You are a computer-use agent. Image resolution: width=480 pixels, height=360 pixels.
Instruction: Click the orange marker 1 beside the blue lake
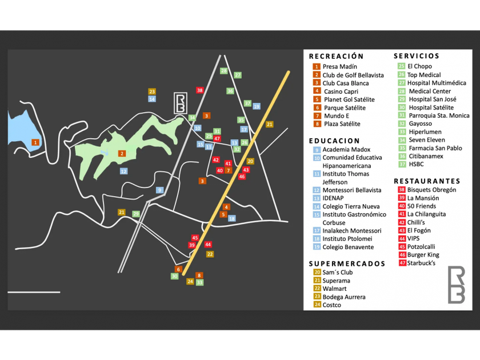click(x=35, y=142)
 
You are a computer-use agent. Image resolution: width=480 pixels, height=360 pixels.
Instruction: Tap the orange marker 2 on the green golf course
click(x=122, y=153)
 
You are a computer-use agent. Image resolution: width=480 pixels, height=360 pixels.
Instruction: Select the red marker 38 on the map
click(x=199, y=90)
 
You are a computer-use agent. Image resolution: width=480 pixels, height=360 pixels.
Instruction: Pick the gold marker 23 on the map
click(x=152, y=91)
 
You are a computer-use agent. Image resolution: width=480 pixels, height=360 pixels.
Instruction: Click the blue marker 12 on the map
click(x=123, y=171)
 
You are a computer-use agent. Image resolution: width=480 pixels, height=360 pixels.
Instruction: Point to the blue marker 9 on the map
click(x=160, y=190)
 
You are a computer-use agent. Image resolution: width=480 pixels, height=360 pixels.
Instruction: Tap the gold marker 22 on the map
click(x=210, y=254)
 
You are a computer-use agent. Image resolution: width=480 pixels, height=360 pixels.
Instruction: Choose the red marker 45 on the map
click(x=195, y=238)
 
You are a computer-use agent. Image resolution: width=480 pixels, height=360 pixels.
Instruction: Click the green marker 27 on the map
click(x=238, y=75)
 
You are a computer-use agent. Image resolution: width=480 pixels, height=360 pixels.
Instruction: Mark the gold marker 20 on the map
click(x=250, y=161)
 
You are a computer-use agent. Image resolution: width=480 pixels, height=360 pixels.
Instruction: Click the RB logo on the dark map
click(x=181, y=103)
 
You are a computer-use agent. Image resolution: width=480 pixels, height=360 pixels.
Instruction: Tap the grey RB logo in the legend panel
click(x=456, y=284)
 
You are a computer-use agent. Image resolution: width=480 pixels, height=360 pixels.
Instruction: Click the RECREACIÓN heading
click(x=336, y=57)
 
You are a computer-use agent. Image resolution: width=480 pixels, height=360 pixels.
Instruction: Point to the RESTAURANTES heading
click(x=427, y=181)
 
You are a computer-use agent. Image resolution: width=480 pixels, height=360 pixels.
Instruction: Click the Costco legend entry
click(x=331, y=305)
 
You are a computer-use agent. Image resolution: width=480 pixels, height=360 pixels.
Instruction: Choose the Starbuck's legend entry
click(x=421, y=263)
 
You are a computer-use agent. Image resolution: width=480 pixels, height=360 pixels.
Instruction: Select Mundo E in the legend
click(x=336, y=116)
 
